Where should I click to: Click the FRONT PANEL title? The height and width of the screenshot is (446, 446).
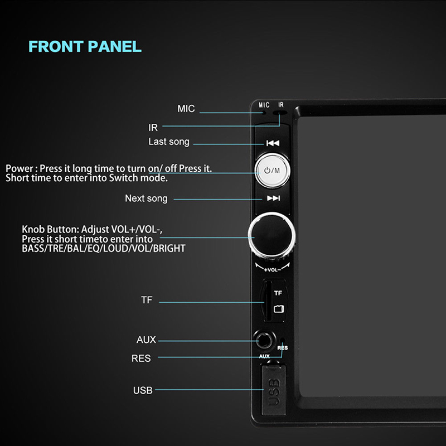pos(85,46)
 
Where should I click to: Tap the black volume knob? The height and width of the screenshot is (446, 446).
pos(272,235)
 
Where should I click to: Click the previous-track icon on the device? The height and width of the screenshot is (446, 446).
pos(273,143)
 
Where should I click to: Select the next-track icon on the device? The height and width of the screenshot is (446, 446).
pos(273,198)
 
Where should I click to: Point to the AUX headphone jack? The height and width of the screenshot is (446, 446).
pos(264,340)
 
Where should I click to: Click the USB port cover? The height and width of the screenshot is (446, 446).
pos(273,390)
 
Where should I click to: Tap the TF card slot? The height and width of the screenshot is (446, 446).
pos(268,301)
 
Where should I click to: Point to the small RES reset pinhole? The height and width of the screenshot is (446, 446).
pos(283,340)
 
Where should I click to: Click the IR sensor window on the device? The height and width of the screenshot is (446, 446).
pos(280,113)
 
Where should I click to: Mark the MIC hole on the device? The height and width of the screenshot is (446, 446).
pos(264,113)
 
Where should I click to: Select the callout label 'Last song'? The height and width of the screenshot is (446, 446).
pos(169,142)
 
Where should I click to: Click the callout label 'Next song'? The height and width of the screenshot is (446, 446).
pos(146,198)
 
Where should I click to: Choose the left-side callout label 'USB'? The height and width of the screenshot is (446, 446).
pos(143,390)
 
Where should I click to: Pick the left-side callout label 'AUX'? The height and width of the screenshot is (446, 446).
pos(146,340)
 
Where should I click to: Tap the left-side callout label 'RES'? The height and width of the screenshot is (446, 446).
pos(141,358)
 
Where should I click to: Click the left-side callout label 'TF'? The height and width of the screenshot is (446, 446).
pos(147,300)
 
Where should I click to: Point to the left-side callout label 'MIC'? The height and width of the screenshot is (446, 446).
pos(186,108)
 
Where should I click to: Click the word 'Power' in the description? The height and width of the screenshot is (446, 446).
pos(20,168)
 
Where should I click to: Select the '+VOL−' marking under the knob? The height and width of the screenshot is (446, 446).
pos(272,269)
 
